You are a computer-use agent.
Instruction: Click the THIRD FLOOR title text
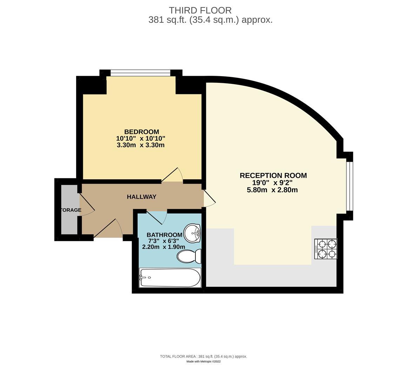(200, 11)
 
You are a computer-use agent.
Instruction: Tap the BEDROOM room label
(141, 132)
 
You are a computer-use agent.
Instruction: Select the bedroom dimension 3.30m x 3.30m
(141, 145)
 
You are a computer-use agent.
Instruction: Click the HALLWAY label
(141, 197)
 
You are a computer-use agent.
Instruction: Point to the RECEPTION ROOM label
(273, 175)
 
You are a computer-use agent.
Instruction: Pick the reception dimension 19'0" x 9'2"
(272, 183)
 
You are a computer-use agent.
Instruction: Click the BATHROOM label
(164, 235)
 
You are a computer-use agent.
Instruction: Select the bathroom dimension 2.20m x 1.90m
(164, 247)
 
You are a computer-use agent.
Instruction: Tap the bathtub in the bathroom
(170, 278)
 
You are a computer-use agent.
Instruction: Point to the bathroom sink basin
(193, 233)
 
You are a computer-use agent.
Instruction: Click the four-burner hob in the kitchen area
(326, 249)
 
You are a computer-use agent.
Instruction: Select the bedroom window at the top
(140, 73)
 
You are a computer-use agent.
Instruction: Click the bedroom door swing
(173, 175)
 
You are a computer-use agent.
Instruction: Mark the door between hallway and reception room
(209, 199)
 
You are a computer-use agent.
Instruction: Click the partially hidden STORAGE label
(71, 210)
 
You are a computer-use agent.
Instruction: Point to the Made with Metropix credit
(203, 361)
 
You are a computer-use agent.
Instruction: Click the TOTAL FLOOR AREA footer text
(203, 356)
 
